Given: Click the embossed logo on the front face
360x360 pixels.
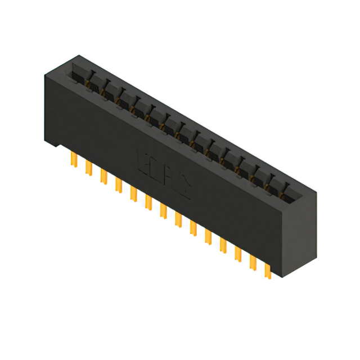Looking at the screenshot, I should point(164,174).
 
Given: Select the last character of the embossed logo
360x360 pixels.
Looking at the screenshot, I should point(185,188).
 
